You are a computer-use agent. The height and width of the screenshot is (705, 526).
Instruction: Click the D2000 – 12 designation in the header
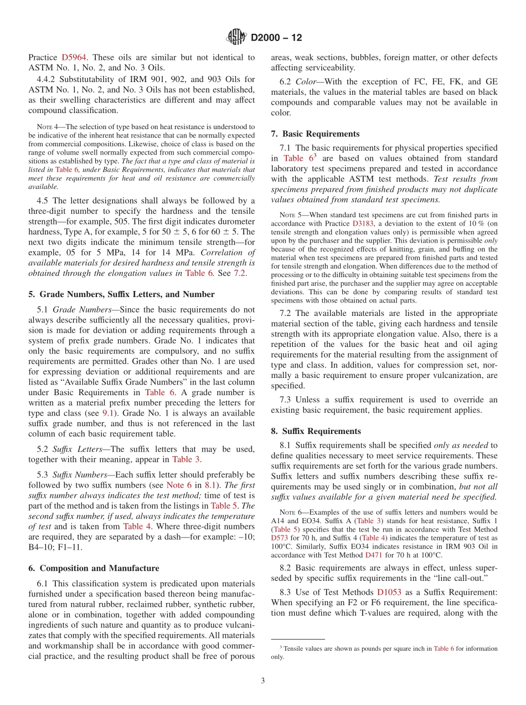click(276, 38)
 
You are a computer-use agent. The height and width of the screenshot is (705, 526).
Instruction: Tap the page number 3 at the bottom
click(263, 681)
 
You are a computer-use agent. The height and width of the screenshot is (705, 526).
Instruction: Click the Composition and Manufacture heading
click(94, 568)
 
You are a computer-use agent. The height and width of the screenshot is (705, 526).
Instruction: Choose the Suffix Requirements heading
click(316, 431)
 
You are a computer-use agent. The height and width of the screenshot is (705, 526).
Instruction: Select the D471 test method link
click(375, 555)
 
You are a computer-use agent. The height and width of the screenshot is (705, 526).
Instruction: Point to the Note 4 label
click(46, 127)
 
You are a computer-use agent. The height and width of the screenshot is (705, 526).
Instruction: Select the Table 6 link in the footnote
click(444, 648)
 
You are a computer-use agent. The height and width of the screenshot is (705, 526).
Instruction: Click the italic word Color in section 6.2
click(307, 81)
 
